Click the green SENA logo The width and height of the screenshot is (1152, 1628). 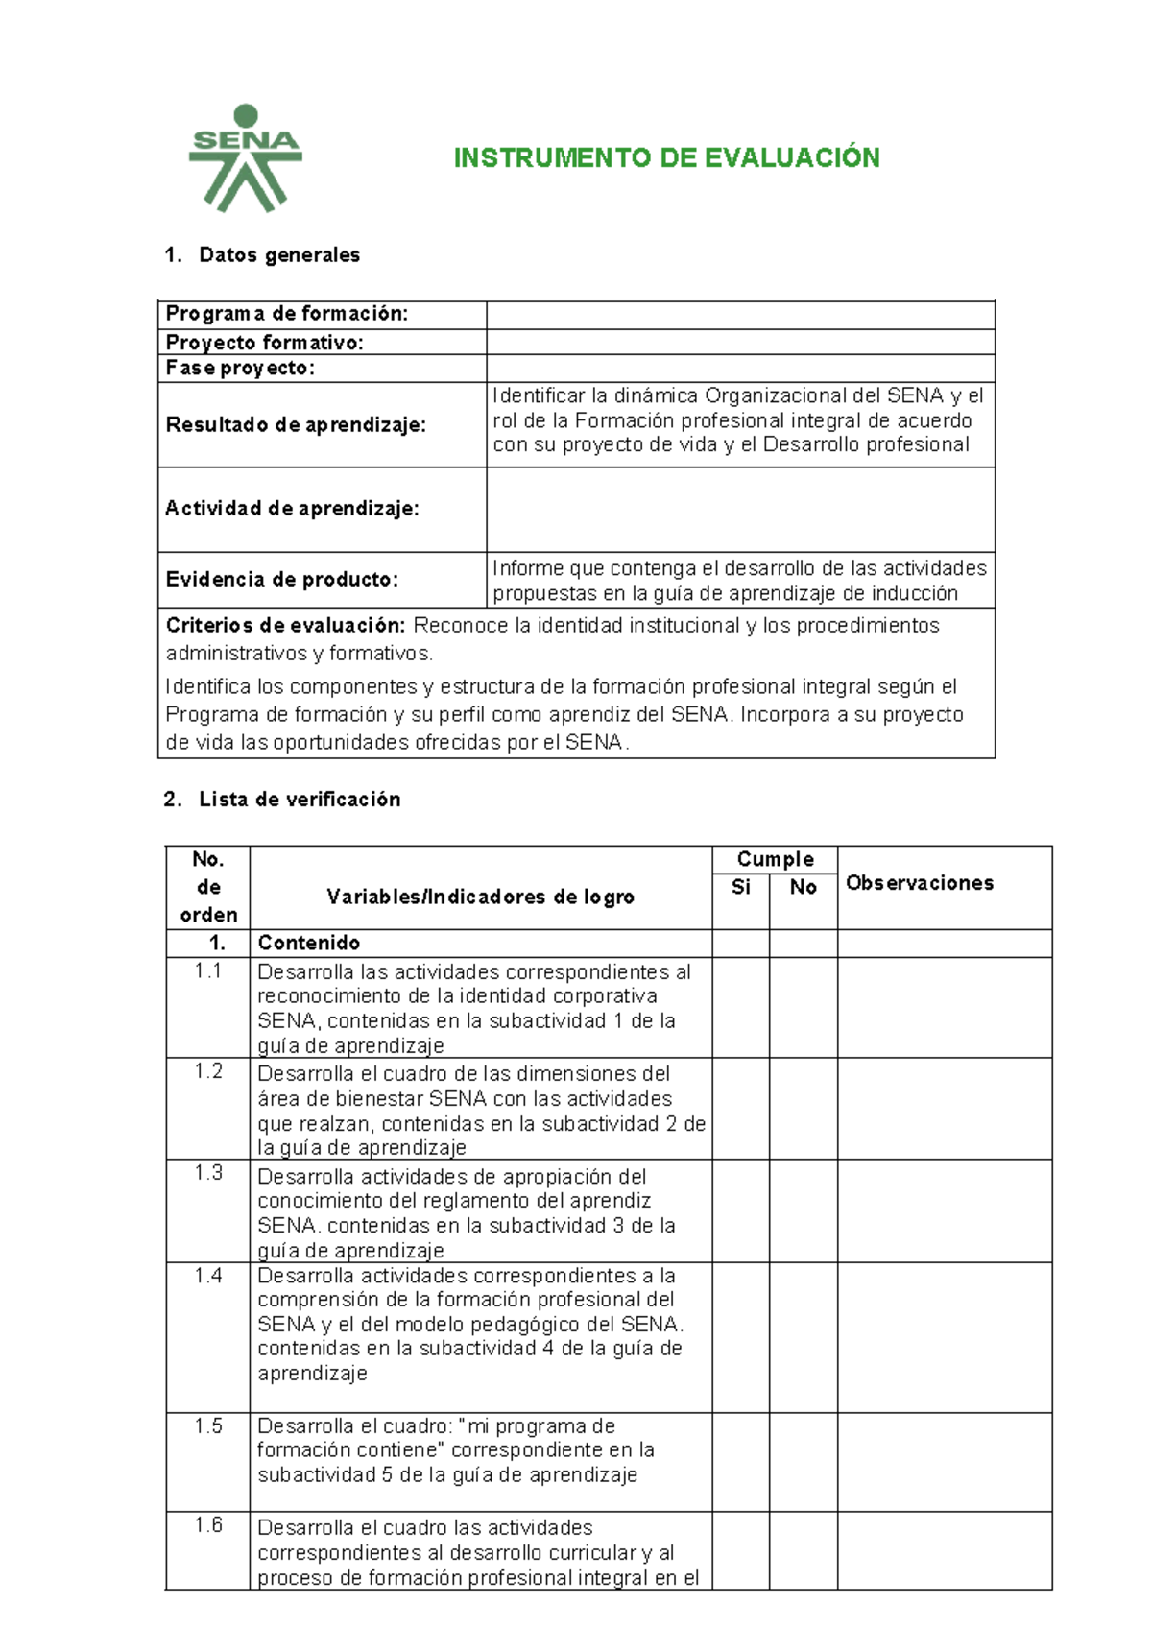tap(246, 158)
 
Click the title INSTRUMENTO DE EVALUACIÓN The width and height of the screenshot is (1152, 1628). tap(666, 158)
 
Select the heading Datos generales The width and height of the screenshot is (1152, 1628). tap(278, 254)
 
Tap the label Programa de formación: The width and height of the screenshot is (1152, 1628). tap(286, 314)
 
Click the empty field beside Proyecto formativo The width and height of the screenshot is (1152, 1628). tap(739, 342)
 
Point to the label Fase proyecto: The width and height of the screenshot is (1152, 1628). tap(240, 368)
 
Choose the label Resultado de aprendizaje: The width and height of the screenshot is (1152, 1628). tap(295, 424)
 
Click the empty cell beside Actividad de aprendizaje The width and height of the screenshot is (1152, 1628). tap(739, 509)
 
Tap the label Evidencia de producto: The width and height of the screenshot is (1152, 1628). tap(281, 579)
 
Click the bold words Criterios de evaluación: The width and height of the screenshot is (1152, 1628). tap(285, 625)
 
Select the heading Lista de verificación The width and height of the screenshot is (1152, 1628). tap(299, 799)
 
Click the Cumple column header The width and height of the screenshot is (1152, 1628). tap(775, 859)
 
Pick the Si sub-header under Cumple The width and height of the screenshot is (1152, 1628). tap(740, 887)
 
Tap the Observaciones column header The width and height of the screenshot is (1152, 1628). tap(919, 882)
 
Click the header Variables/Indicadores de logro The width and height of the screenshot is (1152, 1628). tap(480, 897)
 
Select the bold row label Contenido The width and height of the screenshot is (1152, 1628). tap(308, 943)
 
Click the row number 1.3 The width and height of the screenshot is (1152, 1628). tap(207, 1172)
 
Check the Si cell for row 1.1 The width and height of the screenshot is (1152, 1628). tap(740, 1007)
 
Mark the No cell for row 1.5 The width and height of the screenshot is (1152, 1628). tap(803, 1461)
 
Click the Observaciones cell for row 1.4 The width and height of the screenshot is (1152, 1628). tap(944, 1336)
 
